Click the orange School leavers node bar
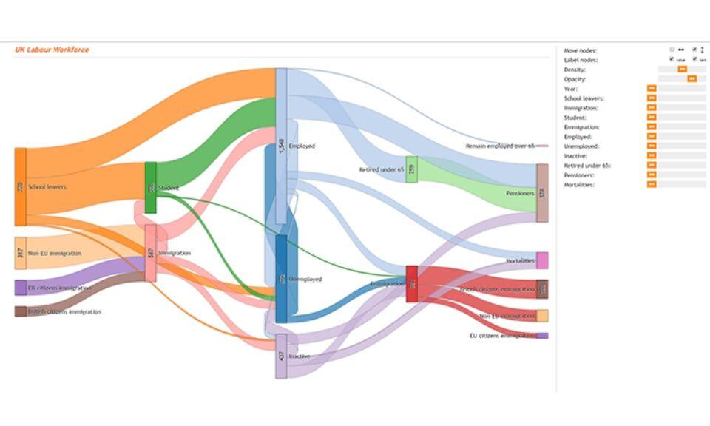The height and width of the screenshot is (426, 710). tap(21, 187)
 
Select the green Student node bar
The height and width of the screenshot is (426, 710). tap(150, 188)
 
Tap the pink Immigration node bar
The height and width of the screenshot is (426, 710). tap(151, 253)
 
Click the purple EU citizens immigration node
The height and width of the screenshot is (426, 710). tap(21, 288)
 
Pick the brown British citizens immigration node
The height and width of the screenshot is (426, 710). tap(21, 311)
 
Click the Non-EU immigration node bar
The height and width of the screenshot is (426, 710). tap(21, 253)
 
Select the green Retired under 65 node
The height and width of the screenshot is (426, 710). tap(411, 169)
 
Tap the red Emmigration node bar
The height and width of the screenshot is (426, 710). tap(412, 283)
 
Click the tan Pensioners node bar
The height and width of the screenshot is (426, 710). tap(542, 193)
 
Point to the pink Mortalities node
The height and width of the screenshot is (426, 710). tap(542, 260)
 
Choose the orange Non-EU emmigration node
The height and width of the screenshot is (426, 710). tap(542, 316)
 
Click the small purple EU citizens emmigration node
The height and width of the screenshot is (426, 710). tap(542, 336)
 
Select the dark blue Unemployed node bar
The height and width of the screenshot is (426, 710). tap(281, 279)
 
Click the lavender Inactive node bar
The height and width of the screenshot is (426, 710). tap(281, 356)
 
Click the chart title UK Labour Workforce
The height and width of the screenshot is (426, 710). tap(52, 50)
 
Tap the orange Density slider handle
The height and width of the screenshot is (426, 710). tap(683, 70)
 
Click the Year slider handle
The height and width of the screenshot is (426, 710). tap(652, 89)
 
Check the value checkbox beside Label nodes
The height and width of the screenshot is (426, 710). tap(672, 59)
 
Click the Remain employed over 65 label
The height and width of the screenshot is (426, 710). tap(499, 146)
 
